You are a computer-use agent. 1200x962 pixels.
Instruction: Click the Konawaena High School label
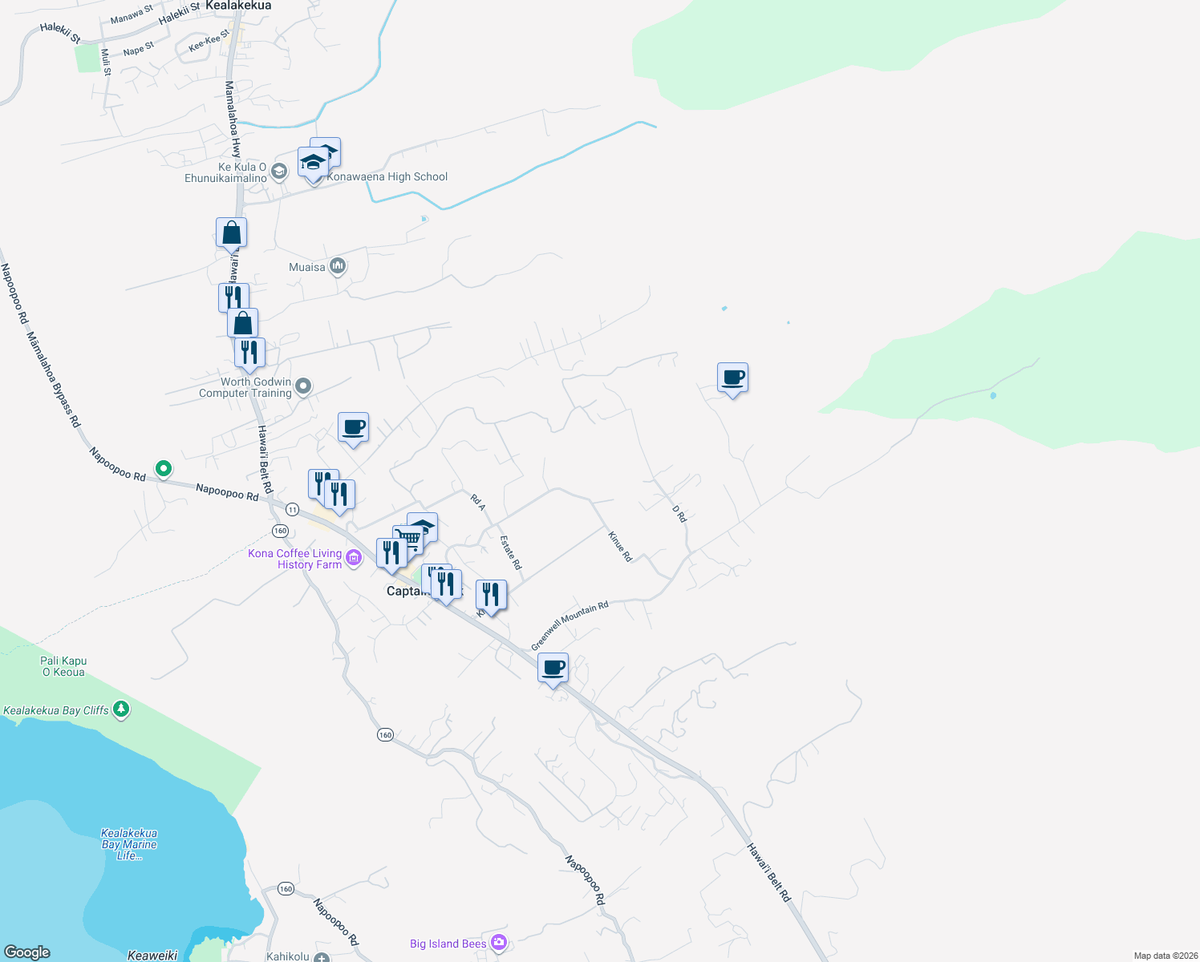[x=387, y=177]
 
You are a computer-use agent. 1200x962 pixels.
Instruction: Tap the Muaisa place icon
[x=338, y=266]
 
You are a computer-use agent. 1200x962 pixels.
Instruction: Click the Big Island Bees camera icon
[x=499, y=942]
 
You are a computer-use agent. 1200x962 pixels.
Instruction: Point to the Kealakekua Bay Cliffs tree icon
[x=121, y=709]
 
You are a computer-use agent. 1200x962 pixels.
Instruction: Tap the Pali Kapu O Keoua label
[x=63, y=666]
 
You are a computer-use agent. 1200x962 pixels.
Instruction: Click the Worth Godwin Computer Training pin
[x=303, y=386]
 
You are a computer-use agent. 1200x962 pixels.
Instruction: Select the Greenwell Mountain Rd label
[x=570, y=625]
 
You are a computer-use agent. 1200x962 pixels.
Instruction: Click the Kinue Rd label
[x=620, y=547]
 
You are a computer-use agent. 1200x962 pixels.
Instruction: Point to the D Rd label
[x=679, y=514]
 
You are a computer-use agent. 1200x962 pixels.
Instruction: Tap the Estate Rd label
[x=511, y=552]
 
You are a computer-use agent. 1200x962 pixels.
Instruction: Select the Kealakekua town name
[x=238, y=6]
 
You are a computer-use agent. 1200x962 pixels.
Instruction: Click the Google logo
[x=26, y=952]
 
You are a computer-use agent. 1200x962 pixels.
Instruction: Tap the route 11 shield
[x=292, y=509]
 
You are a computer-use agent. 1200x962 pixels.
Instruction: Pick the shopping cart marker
[x=408, y=539]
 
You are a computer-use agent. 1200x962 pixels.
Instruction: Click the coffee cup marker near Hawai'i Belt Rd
[x=553, y=667]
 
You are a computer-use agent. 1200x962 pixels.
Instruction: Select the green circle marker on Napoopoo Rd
[x=164, y=468]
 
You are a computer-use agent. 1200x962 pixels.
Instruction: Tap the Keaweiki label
[x=152, y=955]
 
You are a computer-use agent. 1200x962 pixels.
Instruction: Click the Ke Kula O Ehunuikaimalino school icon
[x=279, y=171]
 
